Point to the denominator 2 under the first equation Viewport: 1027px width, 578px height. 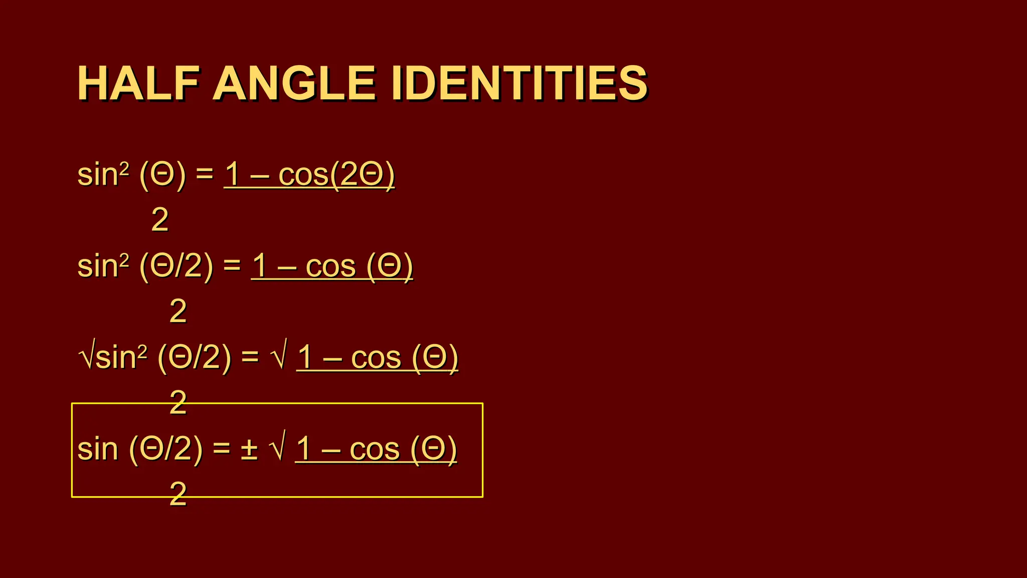point(159,220)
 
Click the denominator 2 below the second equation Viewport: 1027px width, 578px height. point(178,311)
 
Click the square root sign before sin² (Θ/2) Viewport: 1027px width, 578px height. point(86,357)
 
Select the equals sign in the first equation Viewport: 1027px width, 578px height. point(205,175)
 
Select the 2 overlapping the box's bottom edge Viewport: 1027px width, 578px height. point(178,494)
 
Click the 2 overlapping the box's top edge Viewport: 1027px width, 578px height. point(178,402)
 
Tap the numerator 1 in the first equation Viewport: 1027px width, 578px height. point(232,175)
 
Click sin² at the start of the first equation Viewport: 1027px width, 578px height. point(103,175)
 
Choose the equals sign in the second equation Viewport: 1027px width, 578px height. point(232,266)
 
